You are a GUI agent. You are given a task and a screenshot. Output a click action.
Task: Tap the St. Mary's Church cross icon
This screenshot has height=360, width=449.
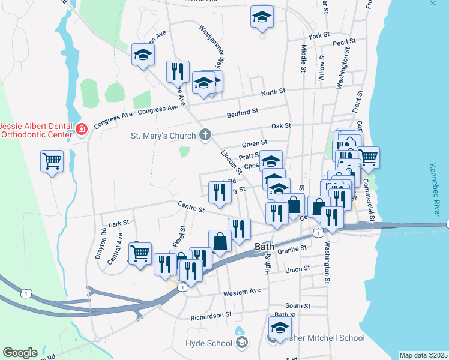point(206,135)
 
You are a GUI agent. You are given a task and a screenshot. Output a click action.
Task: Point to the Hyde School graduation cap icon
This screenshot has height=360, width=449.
point(242,343)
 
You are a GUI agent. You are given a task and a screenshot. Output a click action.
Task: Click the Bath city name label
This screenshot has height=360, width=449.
point(265,247)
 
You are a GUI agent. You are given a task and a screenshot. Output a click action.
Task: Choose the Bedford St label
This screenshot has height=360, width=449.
point(242,112)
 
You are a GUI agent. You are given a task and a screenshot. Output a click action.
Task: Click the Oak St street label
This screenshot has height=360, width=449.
point(280,126)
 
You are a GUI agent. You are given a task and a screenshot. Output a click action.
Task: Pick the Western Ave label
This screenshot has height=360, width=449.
point(242,292)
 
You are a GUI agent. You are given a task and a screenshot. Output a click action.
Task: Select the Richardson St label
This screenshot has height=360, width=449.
point(211,315)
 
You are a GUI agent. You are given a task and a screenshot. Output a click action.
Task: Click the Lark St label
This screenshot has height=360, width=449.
point(119,223)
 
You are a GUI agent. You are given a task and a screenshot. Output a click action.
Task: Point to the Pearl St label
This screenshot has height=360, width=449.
point(344,43)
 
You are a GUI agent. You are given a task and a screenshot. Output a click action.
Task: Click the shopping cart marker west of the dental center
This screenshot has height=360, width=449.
point(52,161)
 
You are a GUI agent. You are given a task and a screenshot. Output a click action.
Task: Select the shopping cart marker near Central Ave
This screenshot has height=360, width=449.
point(140,253)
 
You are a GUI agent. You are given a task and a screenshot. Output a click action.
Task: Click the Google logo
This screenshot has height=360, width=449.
point(20,353)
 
